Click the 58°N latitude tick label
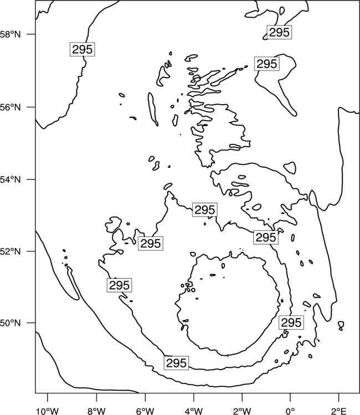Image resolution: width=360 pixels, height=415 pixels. pos(10,34)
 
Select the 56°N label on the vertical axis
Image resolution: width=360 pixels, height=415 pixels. pos(10,107)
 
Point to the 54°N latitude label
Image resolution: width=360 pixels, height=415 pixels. pos(10,179)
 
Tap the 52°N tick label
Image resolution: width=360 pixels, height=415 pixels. pos(10,251)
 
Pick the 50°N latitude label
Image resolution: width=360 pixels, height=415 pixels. pos(10,323)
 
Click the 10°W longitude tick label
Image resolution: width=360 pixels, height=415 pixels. pos(48,411)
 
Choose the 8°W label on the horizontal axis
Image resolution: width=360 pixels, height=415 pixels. pos(96,411)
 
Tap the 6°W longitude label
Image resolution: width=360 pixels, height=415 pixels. pos(145,411)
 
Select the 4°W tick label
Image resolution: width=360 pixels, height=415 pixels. pos(194,411)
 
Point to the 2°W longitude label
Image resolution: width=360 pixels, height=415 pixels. pos(242,411)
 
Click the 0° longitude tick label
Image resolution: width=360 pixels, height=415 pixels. pos(290,411)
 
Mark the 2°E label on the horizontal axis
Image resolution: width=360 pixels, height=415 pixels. pos(339,411)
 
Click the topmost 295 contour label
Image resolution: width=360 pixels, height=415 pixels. pos(279,32)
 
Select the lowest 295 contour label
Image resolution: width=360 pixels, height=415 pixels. pos(176,363)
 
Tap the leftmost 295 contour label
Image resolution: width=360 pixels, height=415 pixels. pos(83,49)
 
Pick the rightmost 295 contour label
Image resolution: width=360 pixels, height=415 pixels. pos(291,323)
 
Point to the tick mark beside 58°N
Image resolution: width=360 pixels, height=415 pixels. pos(31,34)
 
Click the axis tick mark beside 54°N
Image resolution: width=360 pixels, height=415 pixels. pos(31,179)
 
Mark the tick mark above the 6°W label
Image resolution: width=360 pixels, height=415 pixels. pos(145,397)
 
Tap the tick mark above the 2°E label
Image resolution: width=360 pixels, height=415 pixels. pos(339,397)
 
